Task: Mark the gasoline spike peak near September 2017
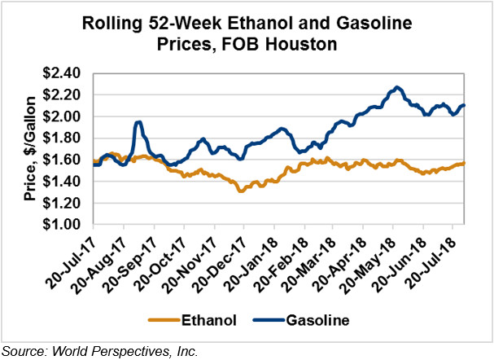tap(138, 122)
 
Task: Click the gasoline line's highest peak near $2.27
tap(396, 87)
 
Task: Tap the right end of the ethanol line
tap(464, 163)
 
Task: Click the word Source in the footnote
tap(22, 351)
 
